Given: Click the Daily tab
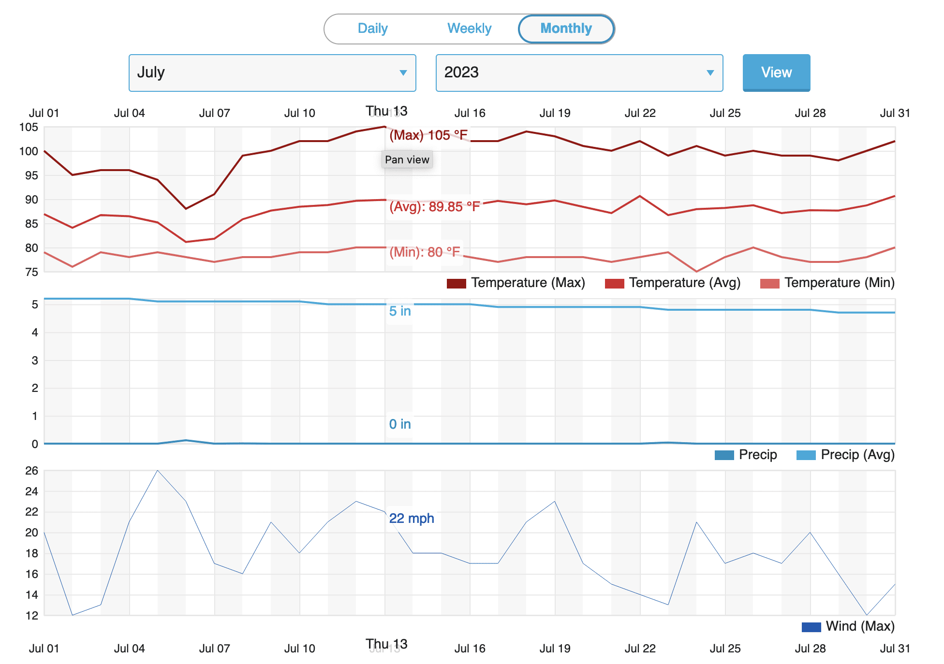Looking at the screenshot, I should click(x=372, y=29).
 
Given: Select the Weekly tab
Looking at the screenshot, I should click(x=469, y=29).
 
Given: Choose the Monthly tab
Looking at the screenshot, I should click(x=566, y=29).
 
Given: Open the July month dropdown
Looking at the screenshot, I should click(x=272, y=73).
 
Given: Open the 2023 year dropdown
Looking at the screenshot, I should click(x=579, y=73).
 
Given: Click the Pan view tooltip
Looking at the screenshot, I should click(x=407, y=159).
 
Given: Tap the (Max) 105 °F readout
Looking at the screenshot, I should click(x=428, y=135).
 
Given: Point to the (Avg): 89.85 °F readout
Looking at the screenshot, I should click(x=434, y=207).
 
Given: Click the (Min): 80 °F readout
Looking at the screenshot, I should click(x=425, y=252).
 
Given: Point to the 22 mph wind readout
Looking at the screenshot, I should click(x=412, y=519).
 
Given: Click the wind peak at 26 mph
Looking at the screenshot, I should click(x=158, y=471).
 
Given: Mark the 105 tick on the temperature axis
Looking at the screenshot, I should click(x=29, y=128).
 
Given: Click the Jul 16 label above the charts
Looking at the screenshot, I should click(x=470, y=113).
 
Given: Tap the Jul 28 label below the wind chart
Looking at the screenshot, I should click(x=810, y=649).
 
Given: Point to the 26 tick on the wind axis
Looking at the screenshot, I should click(x=31, y=471).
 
